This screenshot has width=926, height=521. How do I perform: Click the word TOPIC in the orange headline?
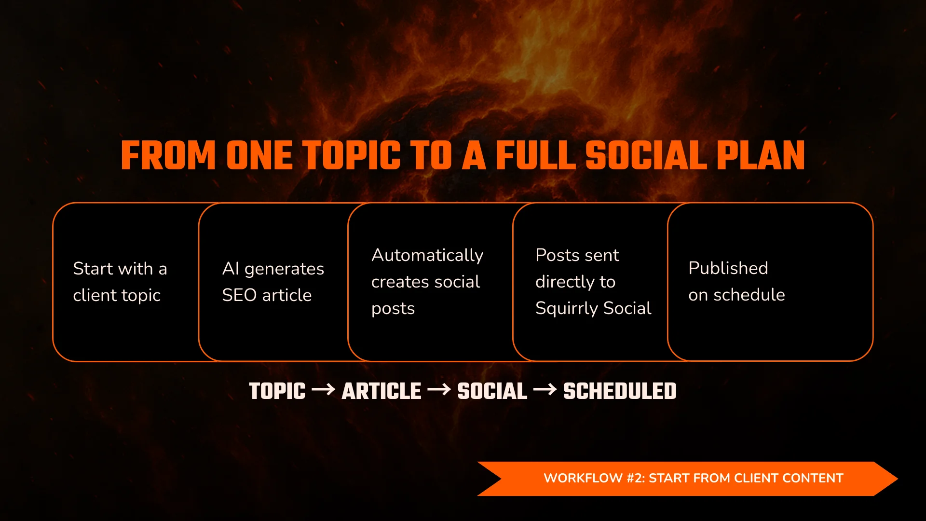pyautogui.click(x=353, y=156)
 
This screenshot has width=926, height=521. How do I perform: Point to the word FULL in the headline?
pyautogui.click(x=535, y=156)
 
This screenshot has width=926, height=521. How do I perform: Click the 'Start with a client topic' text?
pyautogui.click(x=120, y=282)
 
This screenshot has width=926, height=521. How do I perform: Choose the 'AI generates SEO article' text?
pyautogui.click(x=272, y=282)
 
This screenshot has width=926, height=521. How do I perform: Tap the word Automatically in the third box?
pyautogui.click(x=427, y=255)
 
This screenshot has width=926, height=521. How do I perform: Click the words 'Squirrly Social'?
pyautogui.click(x=593, y=308)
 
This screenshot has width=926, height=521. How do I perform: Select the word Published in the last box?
pyautogui.click(x=728, y=268)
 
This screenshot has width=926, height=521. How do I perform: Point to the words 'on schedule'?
pyautogui.click(x=736, y=295)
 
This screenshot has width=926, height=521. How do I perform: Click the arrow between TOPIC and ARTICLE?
pyautogui.click(x=324, y=389)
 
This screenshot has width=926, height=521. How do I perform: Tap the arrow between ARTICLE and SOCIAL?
pyautogui.click(x=439, y=389)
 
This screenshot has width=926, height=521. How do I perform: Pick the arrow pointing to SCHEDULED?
pyautogui.click(x=545, y=389)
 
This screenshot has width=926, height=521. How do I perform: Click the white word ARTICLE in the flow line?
pyautogui.click(x=381, y=391)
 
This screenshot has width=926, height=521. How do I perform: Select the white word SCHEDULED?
pyautogui.click(x=620, y=391)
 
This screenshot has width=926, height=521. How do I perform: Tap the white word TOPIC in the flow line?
pyautogui.click(x=277, y=391)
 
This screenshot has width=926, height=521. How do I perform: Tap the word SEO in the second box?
pyautogui.click(x=239, y=295)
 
